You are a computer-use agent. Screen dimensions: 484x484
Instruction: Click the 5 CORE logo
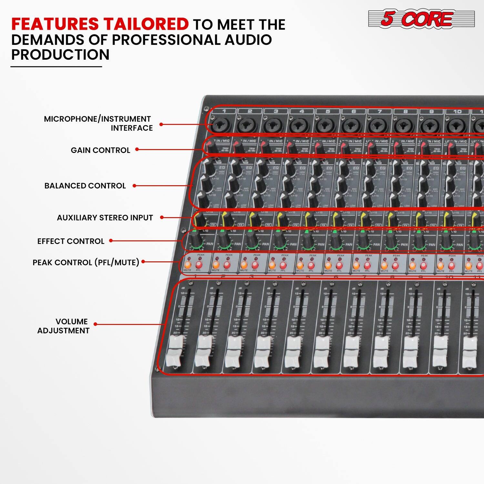tap(421, 19)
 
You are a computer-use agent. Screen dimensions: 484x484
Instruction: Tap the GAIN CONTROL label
tap(100, 150)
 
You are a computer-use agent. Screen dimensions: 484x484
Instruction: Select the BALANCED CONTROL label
tap(85, 186)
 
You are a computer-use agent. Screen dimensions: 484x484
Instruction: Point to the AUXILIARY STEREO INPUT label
tap(105, 218)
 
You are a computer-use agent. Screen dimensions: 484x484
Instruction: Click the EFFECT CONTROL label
tap(71, 241)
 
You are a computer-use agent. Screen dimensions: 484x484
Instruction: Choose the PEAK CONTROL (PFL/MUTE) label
tap(86, 262)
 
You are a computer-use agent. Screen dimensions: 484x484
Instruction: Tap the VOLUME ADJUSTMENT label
tap(63, 326)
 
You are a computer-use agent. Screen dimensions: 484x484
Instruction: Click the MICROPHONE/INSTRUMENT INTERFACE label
tap(98, 123)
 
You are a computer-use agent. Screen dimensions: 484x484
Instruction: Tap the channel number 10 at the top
tap(457, 111)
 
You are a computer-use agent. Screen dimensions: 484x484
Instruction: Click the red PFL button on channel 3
tap(255, 265)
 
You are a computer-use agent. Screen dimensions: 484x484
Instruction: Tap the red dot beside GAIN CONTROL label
tap(137, 149)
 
